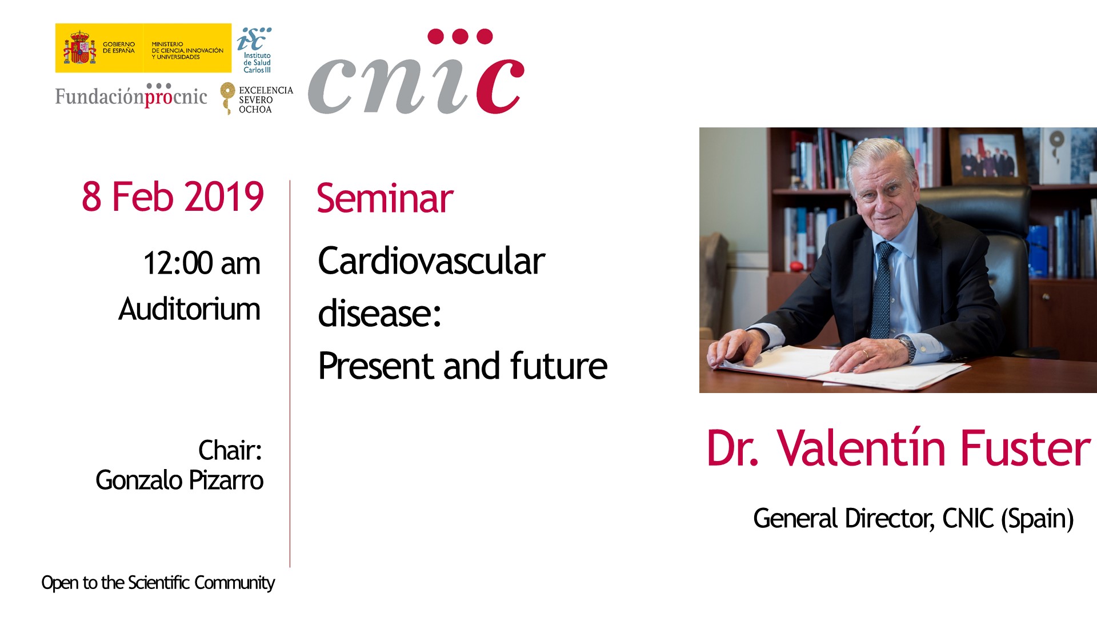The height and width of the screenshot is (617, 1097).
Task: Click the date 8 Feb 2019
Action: (x=173, y=197)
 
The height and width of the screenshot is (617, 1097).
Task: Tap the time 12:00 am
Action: (x=202, y=263)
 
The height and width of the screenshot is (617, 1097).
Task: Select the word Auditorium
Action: (x=189, y=309)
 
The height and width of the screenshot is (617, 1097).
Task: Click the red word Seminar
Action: (x=385, y=198)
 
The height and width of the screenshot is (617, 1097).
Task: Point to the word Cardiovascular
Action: (x=431, y=261)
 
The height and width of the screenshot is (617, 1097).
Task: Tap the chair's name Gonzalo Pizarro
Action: (x=179, y=480)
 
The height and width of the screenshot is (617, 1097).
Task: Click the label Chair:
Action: (x=230, y=450)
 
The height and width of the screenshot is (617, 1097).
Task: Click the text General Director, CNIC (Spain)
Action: (x=913, y=519)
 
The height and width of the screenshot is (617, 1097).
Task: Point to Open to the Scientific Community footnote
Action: (x=158, y=583)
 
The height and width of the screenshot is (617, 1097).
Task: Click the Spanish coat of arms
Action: (x=79, y=48)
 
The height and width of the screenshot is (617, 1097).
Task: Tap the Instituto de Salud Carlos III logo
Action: (x=255, y=50)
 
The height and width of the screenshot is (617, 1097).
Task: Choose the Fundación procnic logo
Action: (x=131, y=95)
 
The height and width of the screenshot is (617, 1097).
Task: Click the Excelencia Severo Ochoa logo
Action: (x=257, y=98)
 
